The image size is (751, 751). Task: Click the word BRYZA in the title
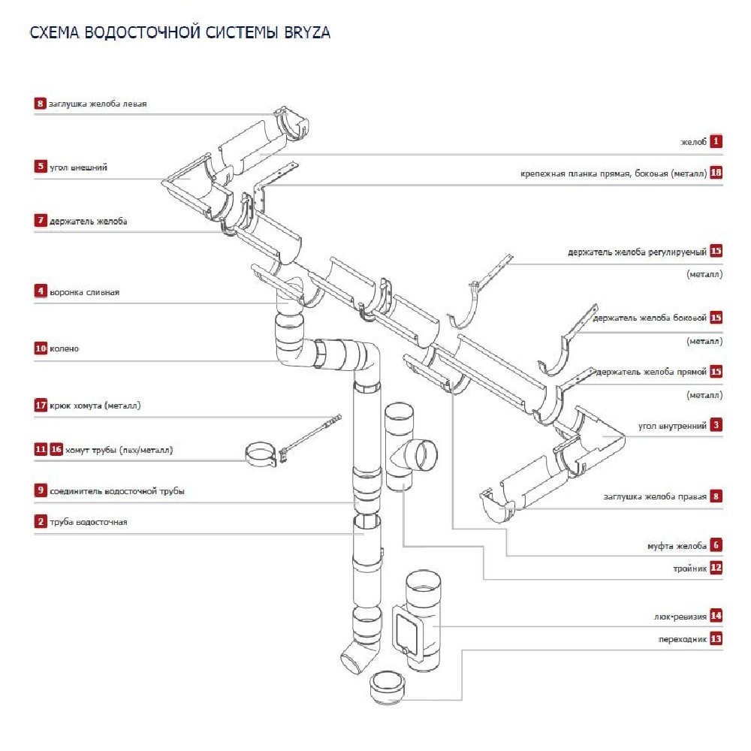coord(306,33)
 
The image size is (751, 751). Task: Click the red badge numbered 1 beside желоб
coord(716,140)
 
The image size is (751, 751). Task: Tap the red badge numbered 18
coord(716,173)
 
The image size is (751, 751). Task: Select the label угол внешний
coord(78,167)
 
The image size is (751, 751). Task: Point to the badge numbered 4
coord(40,291)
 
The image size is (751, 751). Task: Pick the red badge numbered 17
coord(41,406)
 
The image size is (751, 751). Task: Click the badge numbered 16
coord(56,450)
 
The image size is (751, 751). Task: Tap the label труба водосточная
coord(89,522)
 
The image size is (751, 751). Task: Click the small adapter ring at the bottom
coord(388,686)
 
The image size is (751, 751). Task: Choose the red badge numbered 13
coord(716,639)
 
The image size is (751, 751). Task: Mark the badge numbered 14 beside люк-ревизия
coord(716,616)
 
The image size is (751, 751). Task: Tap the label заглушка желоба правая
coord(655,496)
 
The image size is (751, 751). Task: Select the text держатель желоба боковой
coord(650,318)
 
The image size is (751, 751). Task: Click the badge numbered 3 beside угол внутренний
coord(716,425)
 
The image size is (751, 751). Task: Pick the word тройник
coord(690,569)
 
